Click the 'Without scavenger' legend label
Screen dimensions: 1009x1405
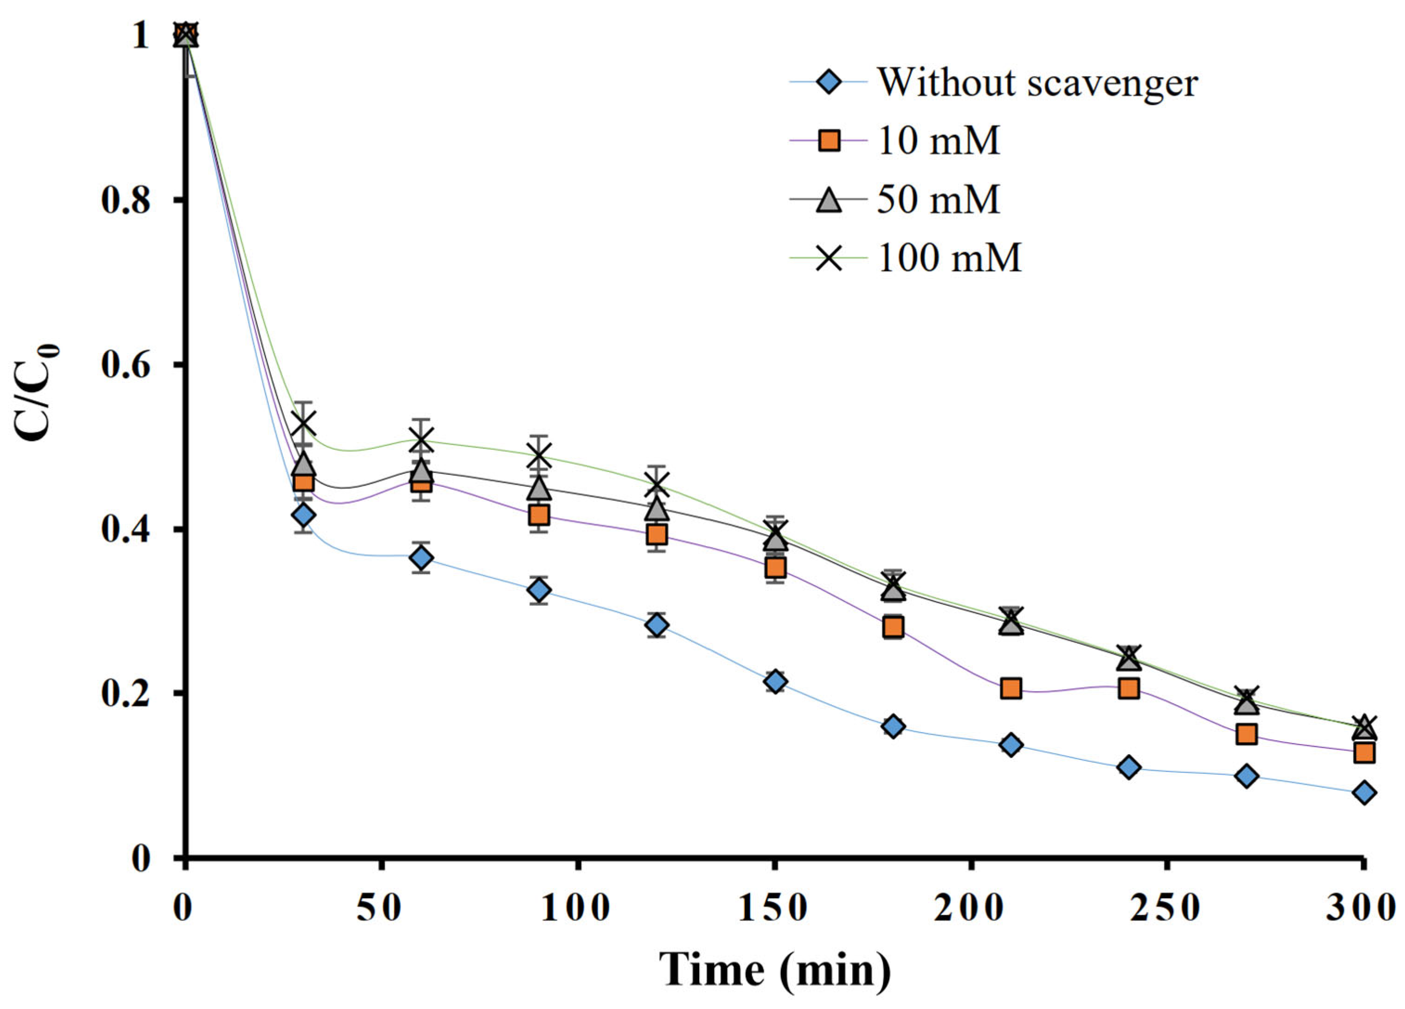1037,83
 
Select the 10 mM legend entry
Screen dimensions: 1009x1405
938,141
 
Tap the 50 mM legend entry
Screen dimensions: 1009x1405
938,199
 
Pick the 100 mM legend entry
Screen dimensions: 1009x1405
949,257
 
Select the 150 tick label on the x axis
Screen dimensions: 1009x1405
773,909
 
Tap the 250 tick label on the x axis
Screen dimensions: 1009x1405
1166,909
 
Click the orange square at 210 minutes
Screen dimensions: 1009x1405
1010,688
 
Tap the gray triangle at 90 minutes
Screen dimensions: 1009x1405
539,489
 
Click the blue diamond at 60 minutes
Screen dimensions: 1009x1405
421,559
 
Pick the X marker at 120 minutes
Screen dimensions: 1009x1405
657,484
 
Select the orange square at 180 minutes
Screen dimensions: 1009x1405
893,627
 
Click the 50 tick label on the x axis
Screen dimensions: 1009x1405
381,909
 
